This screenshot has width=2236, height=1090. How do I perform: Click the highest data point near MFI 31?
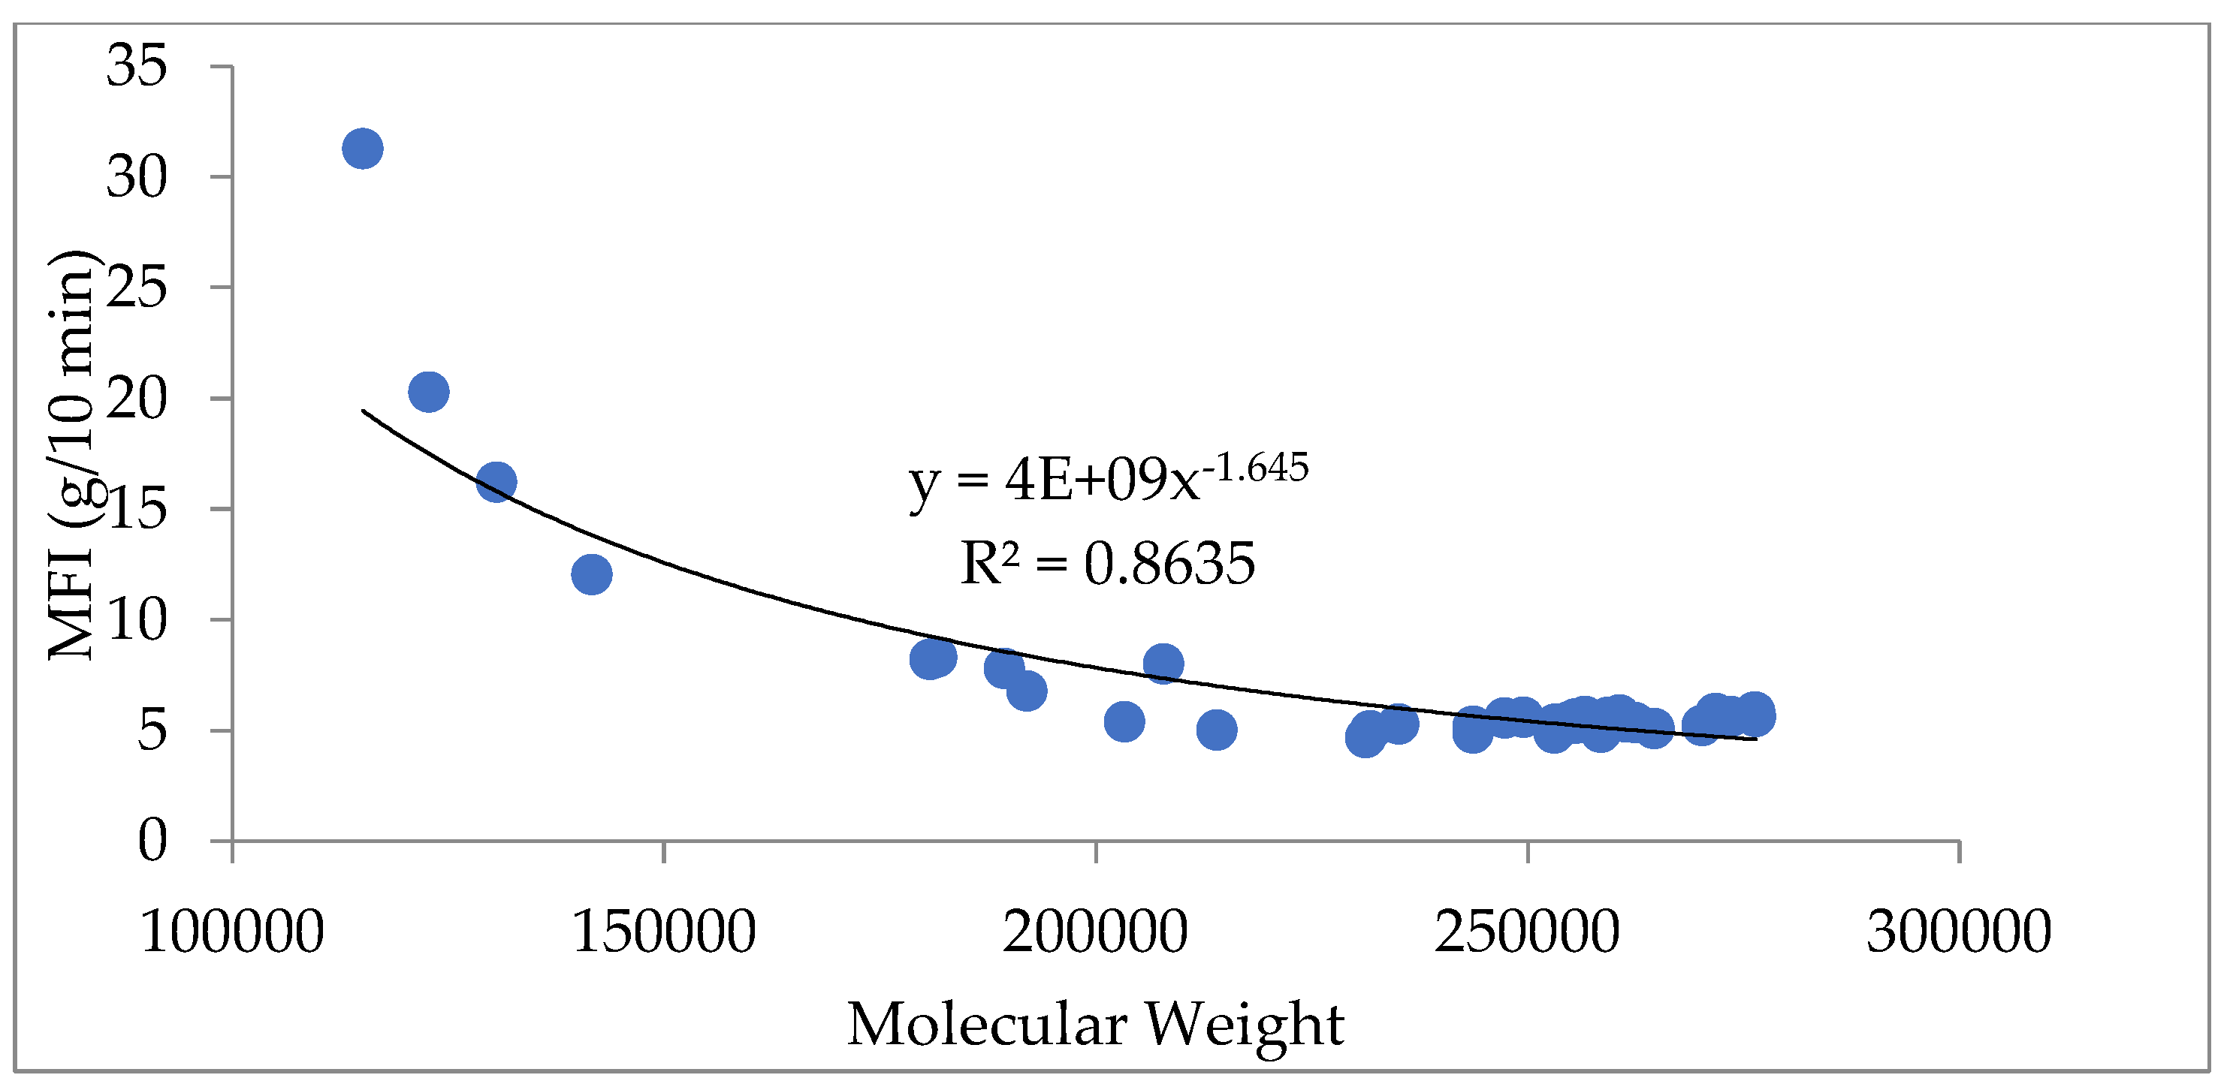pos(363,149)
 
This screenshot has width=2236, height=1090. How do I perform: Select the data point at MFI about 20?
pos(428,391)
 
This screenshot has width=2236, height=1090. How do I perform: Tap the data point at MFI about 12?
pos(592,574)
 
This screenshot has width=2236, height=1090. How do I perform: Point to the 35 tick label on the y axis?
pos(136,66)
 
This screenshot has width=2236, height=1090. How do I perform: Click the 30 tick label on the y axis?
pos(136,177)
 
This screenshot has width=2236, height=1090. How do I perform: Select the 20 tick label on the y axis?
pos(136,399)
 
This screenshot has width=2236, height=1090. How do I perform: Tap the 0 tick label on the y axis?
pos(152,841)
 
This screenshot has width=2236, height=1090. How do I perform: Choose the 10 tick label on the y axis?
pos(136,621)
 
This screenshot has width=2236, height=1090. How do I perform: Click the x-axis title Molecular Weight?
pos(1095,1025)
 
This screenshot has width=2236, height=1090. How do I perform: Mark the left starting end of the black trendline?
pos(364,410)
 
